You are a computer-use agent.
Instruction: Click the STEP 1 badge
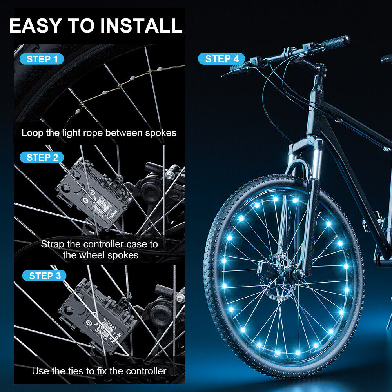tap(42, 59)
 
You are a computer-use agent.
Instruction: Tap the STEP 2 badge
tap(42, 158)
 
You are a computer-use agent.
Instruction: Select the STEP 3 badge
tap(44, 276)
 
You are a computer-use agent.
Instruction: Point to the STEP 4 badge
tap(221, 59)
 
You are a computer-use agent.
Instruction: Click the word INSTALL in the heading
tap(142, 25)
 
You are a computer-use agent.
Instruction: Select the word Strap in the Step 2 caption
tap(53, 244)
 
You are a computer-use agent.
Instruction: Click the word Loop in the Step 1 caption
tap(30, 133)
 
